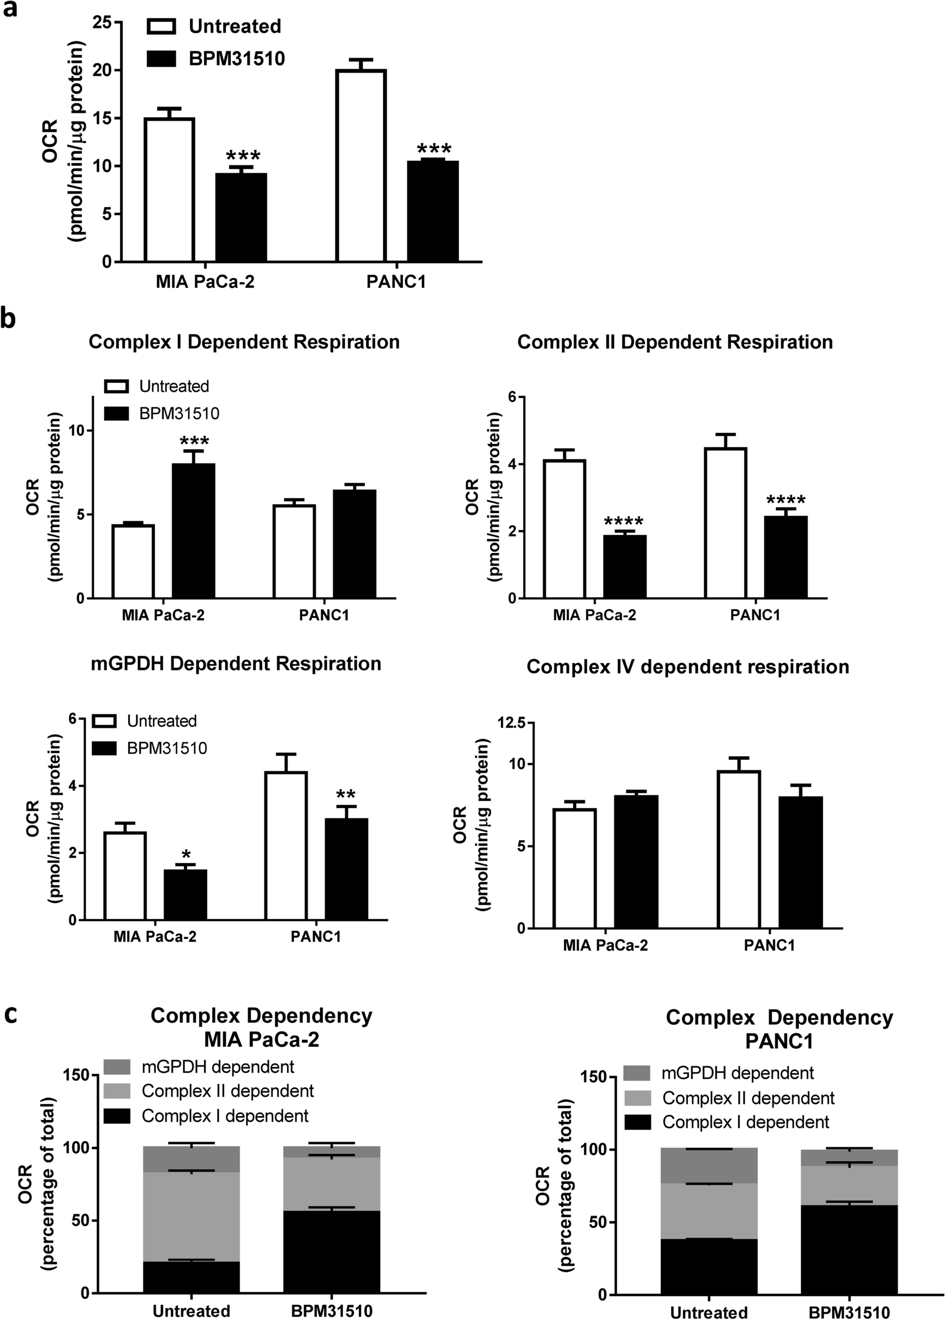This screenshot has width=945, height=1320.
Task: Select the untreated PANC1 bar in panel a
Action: coord(361,166)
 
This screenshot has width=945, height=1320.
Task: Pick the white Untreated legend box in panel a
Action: coord(161,27)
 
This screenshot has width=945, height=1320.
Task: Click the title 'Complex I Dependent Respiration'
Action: coord(244,342)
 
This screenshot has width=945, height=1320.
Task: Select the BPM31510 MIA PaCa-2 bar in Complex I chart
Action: coord(193,531)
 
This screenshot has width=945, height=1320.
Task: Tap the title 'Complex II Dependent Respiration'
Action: coord(674,342)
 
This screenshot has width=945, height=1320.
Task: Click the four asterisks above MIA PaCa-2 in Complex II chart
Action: coord(624,522)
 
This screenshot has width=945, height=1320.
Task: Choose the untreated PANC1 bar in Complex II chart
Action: coord(726,523)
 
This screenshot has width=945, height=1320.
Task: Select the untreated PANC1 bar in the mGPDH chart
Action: coord(286,846)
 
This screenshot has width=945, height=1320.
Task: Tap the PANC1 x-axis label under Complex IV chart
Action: coord(769,945)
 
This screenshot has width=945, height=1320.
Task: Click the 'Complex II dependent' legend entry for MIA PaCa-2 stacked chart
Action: coord(228,1091)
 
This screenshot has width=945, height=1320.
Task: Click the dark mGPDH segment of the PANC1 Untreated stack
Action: coord(709,1166)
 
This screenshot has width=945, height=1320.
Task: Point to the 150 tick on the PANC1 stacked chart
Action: coord(594,1077)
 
